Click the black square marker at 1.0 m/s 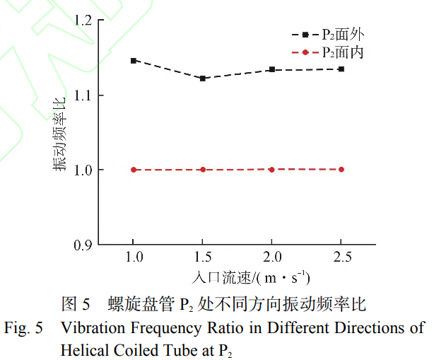coord(133,61)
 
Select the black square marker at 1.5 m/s coord(203,79)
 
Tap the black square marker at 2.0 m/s coord(271,69)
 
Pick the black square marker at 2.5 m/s coord(341,69)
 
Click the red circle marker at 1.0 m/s coord(133,170)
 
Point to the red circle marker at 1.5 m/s coord(203,170)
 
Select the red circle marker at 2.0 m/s coord(271,169)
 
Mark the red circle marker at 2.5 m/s coord(341,169)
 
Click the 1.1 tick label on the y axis coord(83,95)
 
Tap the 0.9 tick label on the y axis coord(83,245)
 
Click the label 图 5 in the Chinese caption coord(76,306)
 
